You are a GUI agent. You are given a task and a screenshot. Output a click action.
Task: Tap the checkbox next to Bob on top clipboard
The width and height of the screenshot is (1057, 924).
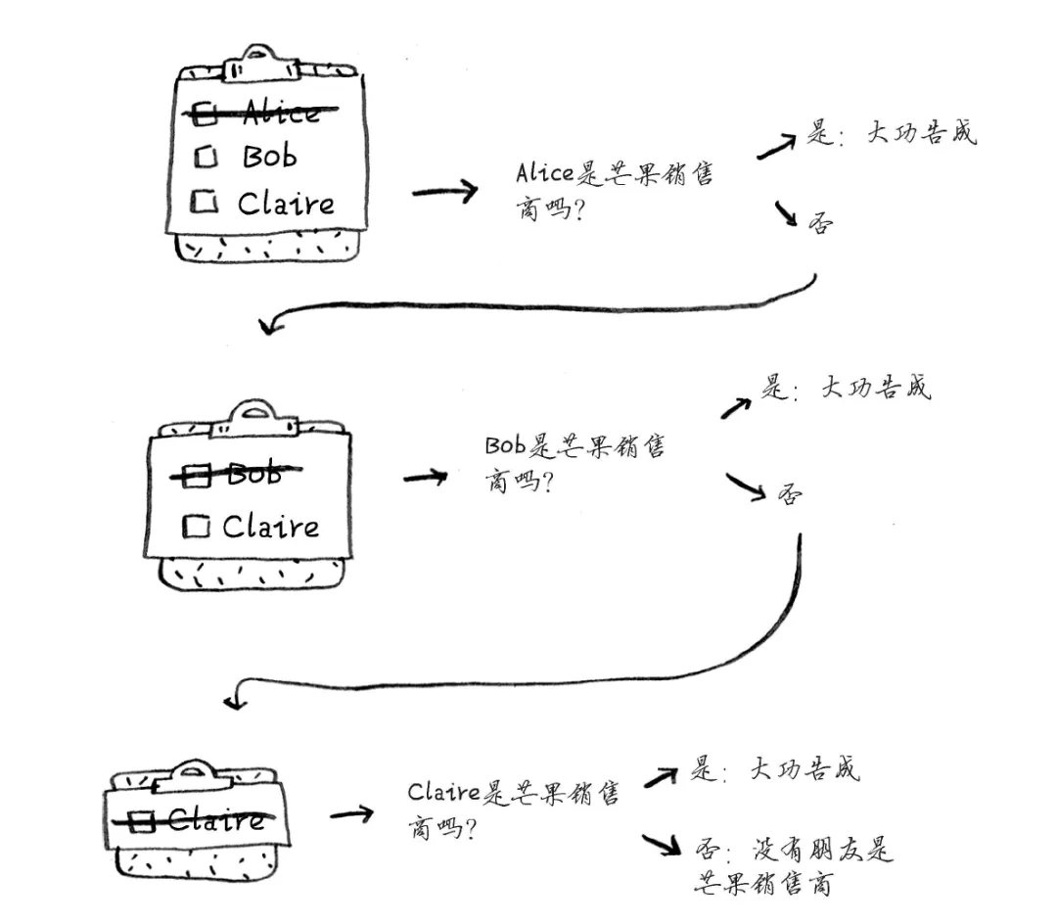coord(207,157)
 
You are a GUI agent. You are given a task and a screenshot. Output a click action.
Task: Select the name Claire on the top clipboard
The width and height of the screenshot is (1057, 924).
coord(286,204)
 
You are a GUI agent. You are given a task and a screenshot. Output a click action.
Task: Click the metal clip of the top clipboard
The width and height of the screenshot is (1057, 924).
coord(258,63)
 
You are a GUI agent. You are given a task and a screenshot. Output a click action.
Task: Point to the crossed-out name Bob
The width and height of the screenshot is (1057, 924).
coord(253,475)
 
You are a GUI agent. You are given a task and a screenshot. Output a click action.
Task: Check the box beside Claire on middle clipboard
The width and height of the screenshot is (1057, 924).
coord(197,527)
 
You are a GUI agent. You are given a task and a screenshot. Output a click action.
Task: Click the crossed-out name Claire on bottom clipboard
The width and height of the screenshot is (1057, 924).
coord(215,818)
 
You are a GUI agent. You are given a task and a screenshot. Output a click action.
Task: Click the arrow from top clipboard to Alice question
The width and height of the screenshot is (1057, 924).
coord(444,191)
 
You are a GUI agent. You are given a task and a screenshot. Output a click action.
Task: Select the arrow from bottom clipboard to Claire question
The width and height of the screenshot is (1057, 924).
coord(351,813)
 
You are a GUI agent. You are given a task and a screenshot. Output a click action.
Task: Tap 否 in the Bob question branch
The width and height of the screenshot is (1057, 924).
coord(789,494)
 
